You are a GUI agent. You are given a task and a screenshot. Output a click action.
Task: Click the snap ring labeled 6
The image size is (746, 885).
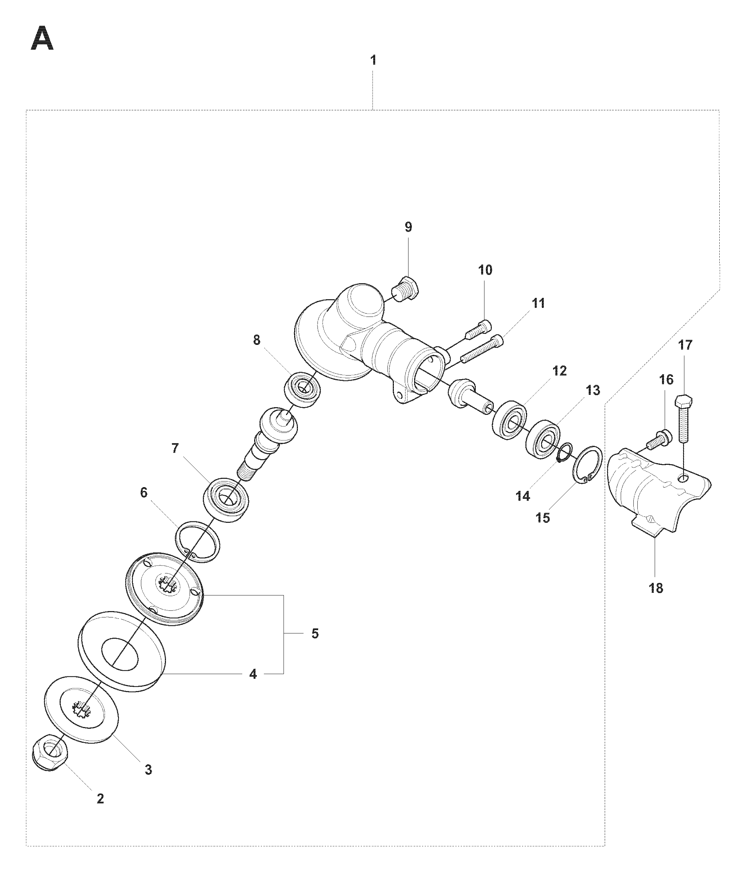click(x=197, y=542)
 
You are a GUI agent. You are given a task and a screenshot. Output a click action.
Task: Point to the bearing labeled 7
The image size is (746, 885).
click(x=226, y=499)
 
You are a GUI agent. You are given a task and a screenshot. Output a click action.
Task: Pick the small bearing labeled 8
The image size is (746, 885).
click(x=302, y=389)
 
